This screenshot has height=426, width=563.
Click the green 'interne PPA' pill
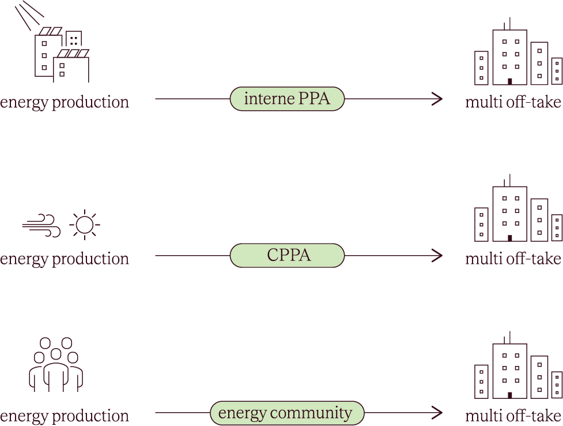click(287, 99)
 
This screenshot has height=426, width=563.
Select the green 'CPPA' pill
click(287, 256)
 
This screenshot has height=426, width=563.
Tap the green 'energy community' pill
click(287, 413)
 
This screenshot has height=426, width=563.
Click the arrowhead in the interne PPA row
click(437, 99)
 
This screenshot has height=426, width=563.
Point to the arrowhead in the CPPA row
click(437, 256)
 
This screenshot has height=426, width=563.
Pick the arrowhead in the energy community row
click(437, 413)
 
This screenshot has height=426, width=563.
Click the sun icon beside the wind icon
click(85, 225)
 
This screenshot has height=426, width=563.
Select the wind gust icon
click(41, 226)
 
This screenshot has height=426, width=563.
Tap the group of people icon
click(56, 365)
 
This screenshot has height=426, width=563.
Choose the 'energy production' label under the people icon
click(65, 416)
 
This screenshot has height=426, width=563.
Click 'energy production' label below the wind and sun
click(65, 259)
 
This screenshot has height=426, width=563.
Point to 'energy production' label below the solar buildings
click(65, 102)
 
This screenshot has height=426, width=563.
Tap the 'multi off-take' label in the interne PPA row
click(513, 102)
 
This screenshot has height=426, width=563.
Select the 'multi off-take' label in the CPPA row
click(513, 259)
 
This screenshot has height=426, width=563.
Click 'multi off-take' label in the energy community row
click(513, 416)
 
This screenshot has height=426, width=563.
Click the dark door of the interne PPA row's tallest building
click(510, 81)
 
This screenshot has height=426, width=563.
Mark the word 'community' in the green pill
click(311, 413)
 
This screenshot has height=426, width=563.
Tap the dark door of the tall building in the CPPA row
click(510, 238)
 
